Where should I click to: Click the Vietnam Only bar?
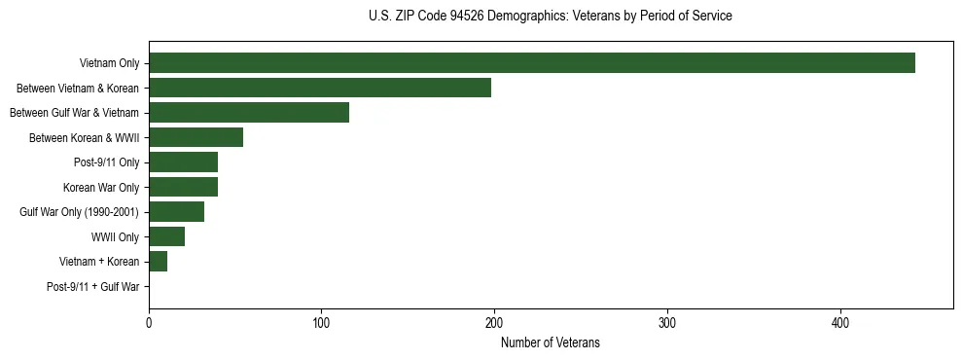tap(532, 63)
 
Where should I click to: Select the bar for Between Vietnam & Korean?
tap(320, 88)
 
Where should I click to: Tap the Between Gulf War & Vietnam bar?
tap(249, 113)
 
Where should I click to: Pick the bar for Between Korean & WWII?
tap(196, 137)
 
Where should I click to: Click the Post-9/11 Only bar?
tap(184, 162)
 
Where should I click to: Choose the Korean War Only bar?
tap(184, 187)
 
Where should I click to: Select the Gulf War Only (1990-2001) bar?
tap(177, 212)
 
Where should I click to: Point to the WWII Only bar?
tap(167, 236)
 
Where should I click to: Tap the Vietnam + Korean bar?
tap(159, 262)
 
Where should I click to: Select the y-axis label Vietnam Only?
tap(109, 64)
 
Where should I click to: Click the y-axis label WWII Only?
tap(115, 237)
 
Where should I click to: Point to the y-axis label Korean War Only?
tap(101, 188)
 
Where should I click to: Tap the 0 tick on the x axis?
tap(149, 323)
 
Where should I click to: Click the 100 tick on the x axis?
tap(322, 323)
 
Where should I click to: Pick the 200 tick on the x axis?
tap(494, 323)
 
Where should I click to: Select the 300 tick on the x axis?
tap(667, 323)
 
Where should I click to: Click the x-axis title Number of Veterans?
tap(551, 343)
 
